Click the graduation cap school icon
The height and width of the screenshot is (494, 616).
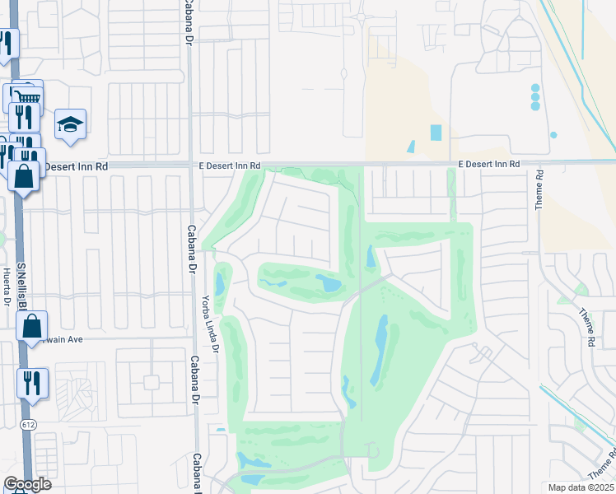70,125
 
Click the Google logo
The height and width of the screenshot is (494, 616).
27,484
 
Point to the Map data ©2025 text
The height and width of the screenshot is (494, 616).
581,487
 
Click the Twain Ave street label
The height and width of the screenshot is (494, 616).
60,338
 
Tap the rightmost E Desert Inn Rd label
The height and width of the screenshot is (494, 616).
489,165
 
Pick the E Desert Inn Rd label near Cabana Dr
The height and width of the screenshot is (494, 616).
230,165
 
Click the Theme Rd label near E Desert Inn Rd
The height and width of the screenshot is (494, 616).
539,189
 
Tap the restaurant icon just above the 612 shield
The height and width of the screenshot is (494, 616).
32,383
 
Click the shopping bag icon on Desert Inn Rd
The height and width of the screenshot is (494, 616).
23,176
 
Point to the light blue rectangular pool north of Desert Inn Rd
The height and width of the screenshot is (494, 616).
436,133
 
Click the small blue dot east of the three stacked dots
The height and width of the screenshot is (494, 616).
553,135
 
